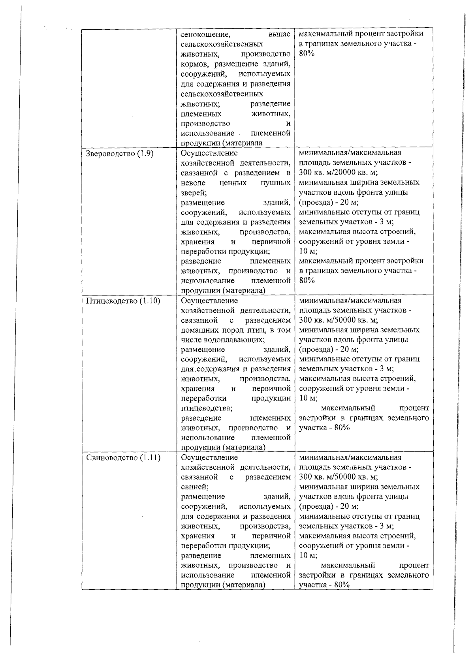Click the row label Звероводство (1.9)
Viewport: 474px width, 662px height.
[120, 154]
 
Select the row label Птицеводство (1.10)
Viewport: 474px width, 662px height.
[123, 301]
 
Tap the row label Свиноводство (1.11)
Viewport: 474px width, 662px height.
[123, 458]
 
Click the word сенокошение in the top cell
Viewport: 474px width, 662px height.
[203, 35]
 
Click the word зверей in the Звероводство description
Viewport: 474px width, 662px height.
[193, 193]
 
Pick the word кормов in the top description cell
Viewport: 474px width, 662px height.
[193, 64]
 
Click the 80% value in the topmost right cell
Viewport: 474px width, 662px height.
[307, 54]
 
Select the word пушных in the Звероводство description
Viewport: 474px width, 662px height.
[275, 183]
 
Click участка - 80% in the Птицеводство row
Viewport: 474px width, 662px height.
[324, 428]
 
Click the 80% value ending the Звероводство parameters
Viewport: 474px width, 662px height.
[307, 280]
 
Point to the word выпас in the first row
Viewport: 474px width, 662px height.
[279, 35]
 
